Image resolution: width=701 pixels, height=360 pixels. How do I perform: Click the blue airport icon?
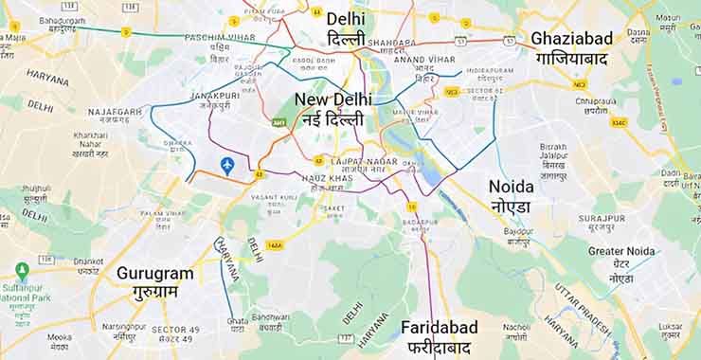pos(227,166)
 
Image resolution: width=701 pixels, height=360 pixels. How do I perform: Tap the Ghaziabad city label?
pos(571,47)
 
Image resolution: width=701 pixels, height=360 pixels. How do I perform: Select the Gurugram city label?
pos(154,281)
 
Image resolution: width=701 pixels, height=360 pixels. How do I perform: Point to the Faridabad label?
pos(439,336)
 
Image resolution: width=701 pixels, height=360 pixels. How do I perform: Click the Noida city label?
pos(511,195)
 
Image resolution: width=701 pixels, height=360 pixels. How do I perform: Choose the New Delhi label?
pos(333,109)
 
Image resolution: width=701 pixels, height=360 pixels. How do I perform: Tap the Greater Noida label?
pos(620,258)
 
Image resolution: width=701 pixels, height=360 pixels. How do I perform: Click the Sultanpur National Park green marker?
pos(23,271)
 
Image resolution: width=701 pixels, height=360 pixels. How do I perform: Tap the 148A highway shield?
pos(276,245)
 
